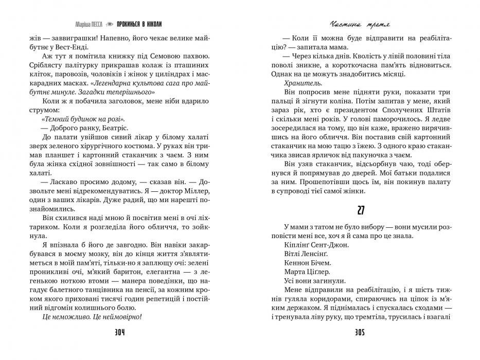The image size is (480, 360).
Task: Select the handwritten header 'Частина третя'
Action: click(x=359, y=24)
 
